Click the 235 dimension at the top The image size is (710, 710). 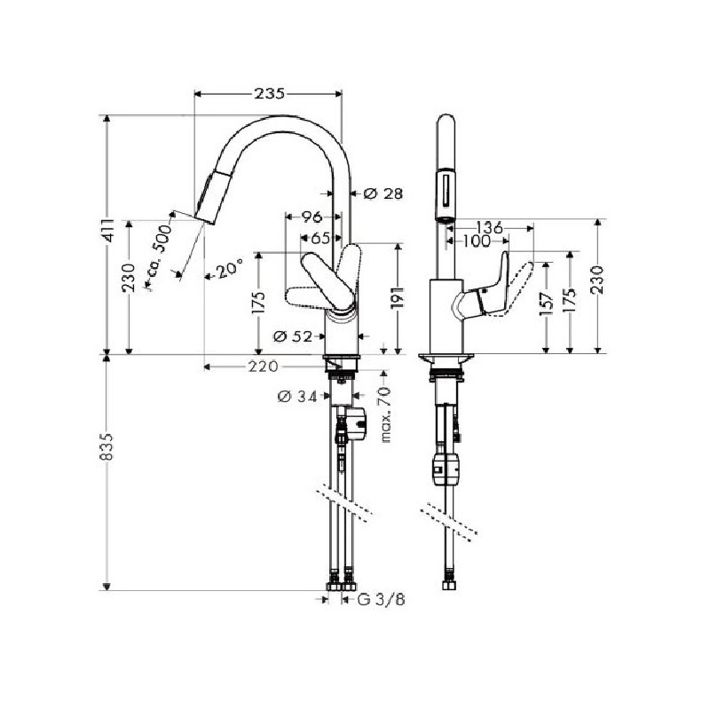(x=270, y=93)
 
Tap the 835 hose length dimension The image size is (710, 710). (x=106, y=446)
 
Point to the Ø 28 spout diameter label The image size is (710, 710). (x=383, y=193)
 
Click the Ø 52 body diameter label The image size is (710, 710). (x=293, y=336)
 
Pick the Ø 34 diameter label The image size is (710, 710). (x=297, y=397)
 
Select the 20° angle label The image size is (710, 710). (x=229, y=271)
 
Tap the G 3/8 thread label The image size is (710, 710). (x=381, y=600)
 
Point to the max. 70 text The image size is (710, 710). (x=385, y=414)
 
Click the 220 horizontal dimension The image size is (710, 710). (x=263, y=366)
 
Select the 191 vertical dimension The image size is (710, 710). (x=397, y=297)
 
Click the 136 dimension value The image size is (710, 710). (x=490, y=227)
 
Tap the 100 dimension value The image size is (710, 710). (x=477, y=241)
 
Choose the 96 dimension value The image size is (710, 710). (x=312, y=217)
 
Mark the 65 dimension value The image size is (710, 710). (x=320, y=238)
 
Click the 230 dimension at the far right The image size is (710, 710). (x=597, y=280)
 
